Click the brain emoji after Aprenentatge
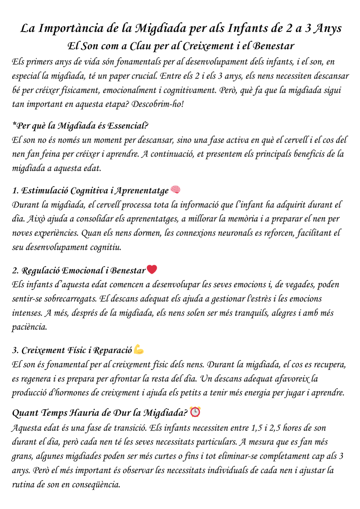click(x=175, y=190)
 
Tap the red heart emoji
click(x=152, y=270)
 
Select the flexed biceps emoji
click(x=139, y=349)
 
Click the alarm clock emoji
click(x=195, y=412)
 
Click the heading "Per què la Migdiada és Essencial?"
click(x=80, y=126)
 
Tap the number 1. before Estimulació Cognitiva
click(x=15, y=191)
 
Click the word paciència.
click(x=30, y=327)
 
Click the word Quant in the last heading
click(x=25, y=413)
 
